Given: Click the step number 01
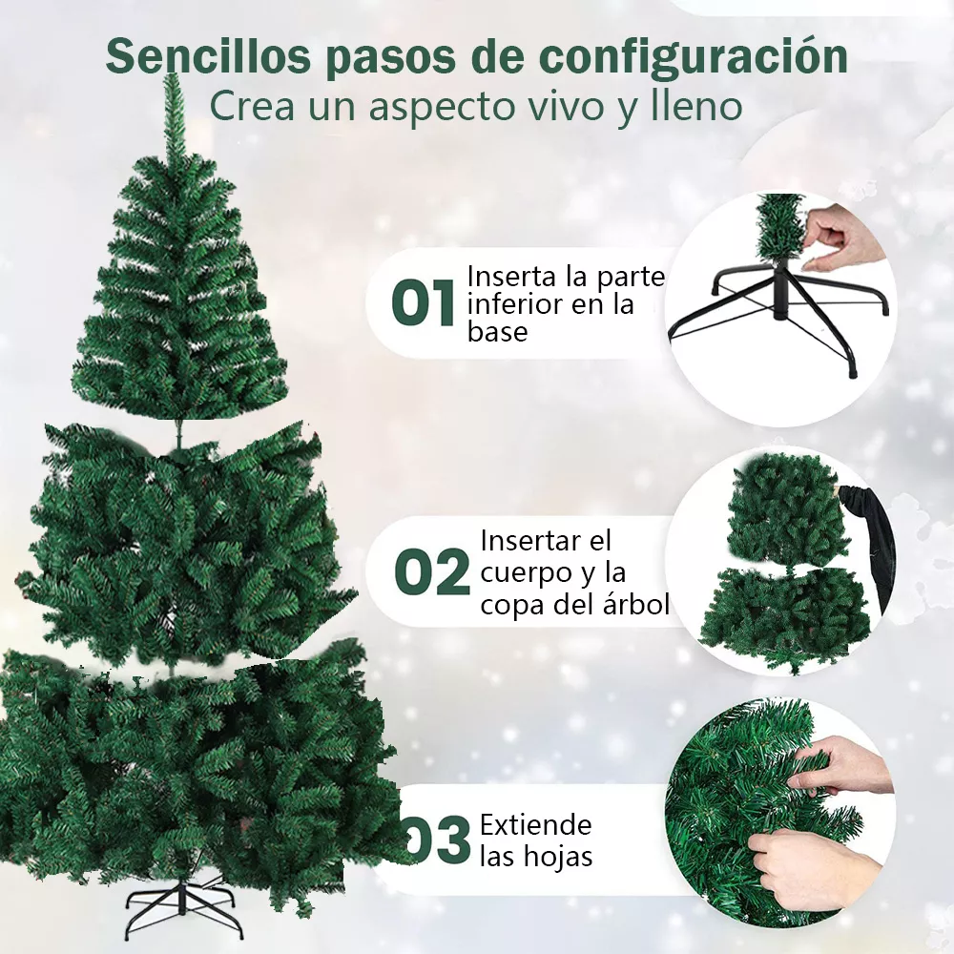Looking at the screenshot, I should [x=423, y=304].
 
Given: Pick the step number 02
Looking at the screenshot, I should [x=432, y=572].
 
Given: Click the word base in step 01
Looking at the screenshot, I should [x=497, y=332].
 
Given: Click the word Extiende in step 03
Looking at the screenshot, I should [x=535, y=824].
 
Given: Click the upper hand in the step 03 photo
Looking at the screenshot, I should [x=840, y=763].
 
